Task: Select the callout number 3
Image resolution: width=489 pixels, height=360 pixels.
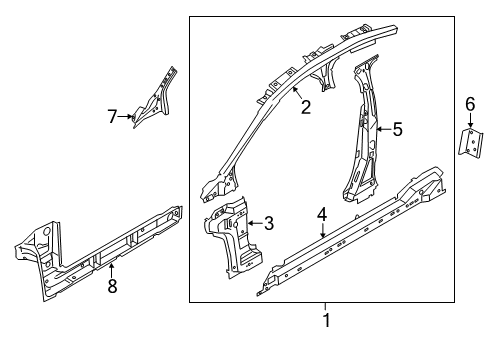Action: click(x=267, y=224)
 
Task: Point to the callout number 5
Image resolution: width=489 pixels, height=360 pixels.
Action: click(x=397, y=128)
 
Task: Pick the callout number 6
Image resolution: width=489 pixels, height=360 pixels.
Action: click(x=470, y=103)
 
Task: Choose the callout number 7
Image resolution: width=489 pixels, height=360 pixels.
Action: click(x=113, y=117)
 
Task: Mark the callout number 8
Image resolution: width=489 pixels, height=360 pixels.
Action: click(x=113, y=287)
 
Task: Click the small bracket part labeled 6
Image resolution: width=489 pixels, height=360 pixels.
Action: click(x=468, y=142)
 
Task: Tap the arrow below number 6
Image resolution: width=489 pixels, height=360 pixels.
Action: click(x=470, y=121)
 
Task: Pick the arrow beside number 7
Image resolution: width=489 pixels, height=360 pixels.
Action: click(x=129, y=117)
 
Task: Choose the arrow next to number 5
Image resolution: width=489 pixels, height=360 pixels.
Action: click(x=381, y=128)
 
